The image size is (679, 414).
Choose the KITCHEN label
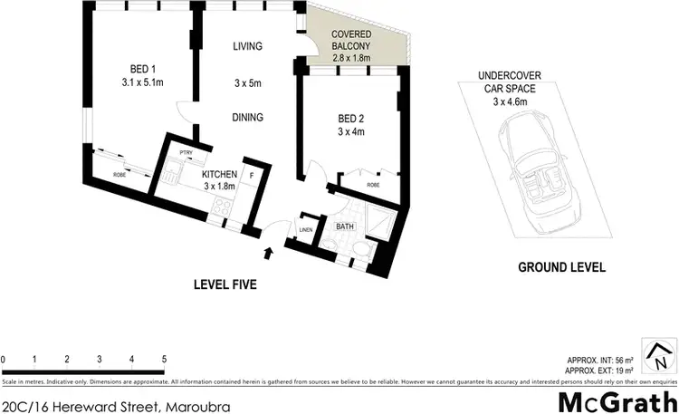[x=219, y=174]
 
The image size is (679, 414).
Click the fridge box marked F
[x=253, y=175]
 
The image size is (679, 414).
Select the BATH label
[x=344, y=226]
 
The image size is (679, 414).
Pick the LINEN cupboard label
[x=306, y=230]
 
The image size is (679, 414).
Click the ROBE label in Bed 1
[x=120, y=174]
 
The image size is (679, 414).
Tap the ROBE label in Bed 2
[x=373, y=184]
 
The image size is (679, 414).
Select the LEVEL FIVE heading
[x=225, y=284]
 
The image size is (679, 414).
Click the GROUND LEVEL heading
[x=561, y=267]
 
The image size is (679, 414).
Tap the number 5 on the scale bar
[x=164, y=360]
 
